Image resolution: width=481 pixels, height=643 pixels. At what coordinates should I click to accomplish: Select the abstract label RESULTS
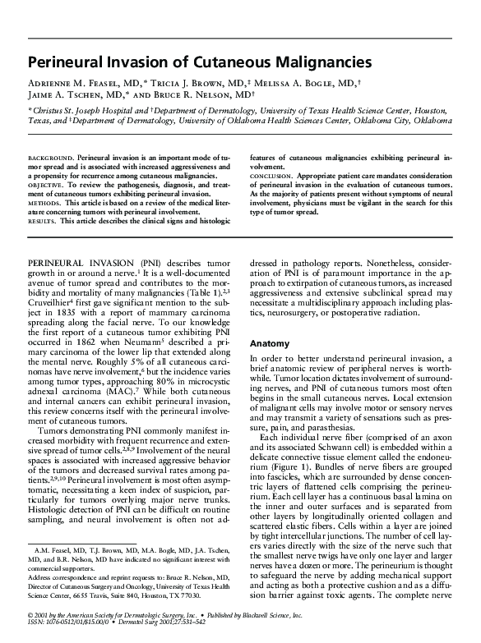(43, 221)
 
